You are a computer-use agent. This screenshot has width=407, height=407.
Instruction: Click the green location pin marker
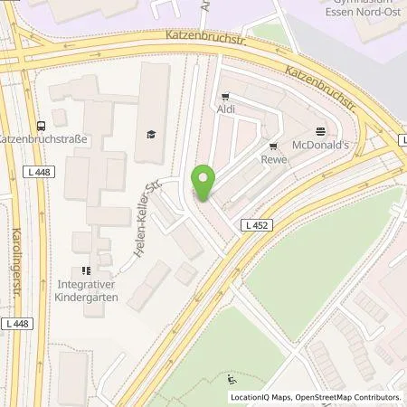(x=203, y=184)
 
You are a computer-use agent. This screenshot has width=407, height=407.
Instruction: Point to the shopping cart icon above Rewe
(x=271, y=147)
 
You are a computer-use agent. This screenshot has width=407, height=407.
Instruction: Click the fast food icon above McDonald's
(x=319, y=130)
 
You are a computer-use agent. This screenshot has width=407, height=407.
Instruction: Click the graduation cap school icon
(x=150, y=135)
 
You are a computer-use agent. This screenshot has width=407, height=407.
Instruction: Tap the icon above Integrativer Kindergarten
(x=87, y=270)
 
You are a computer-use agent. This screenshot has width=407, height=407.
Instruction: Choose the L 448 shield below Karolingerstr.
(x=17, y=323)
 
